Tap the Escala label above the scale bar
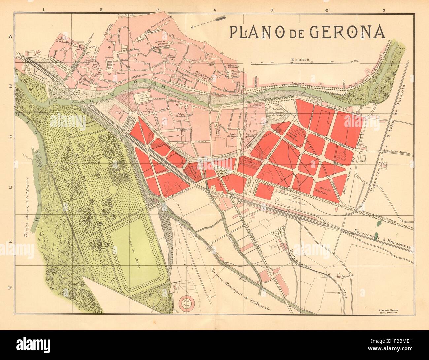[x=300, y=60]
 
